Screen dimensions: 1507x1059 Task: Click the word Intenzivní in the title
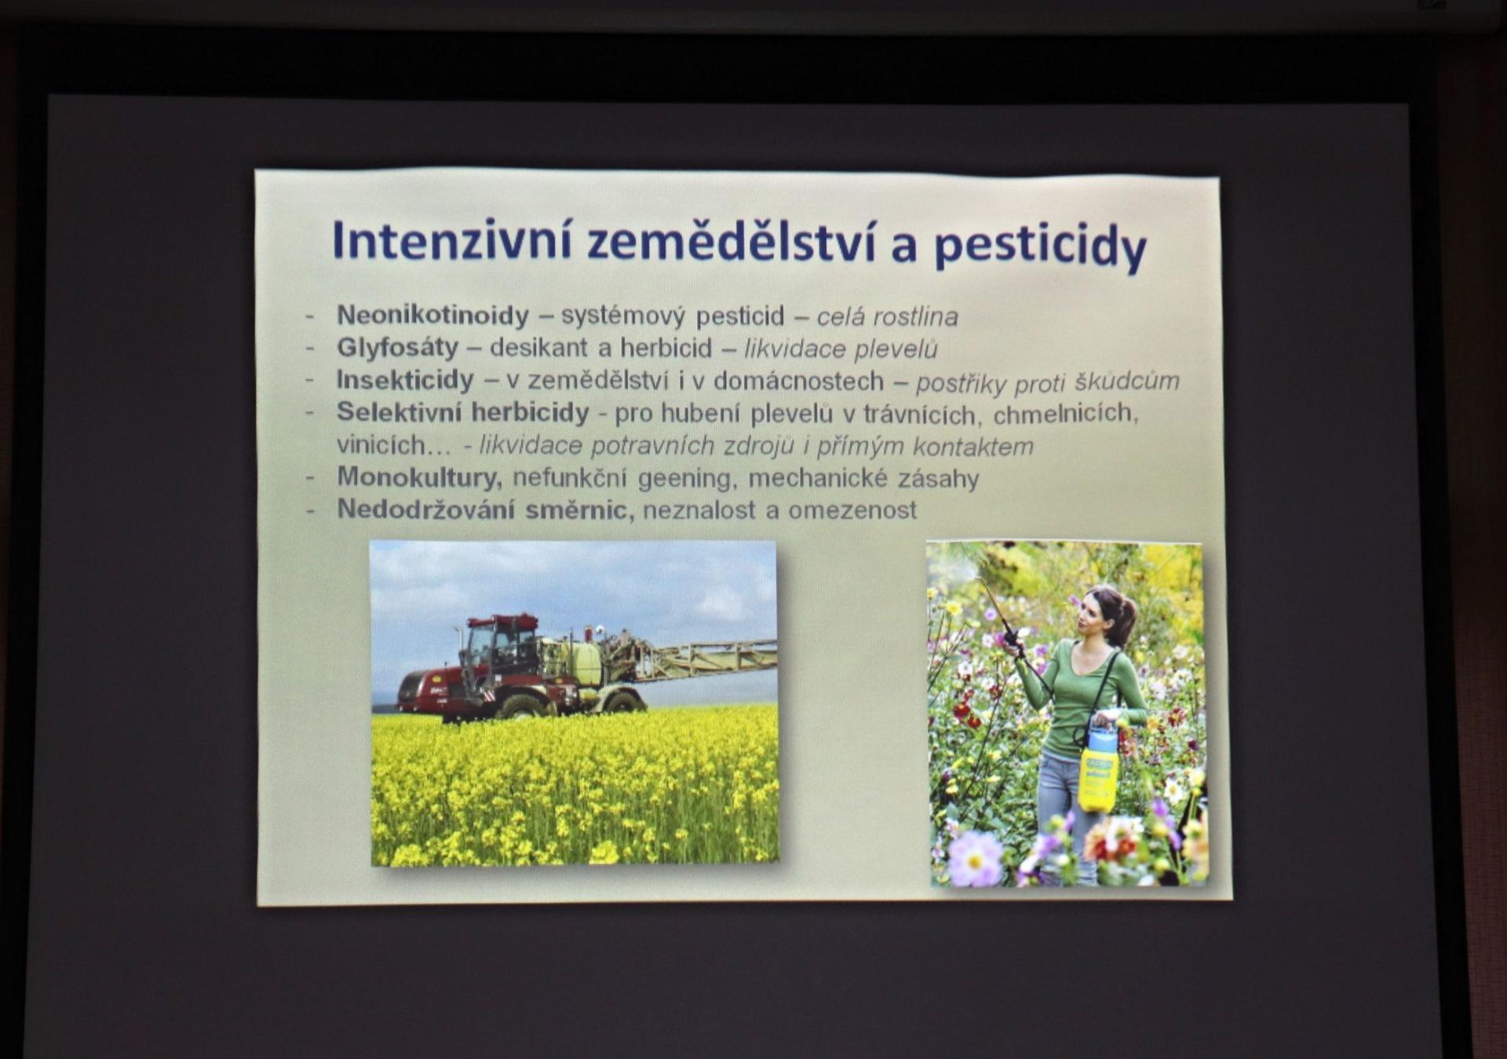(x=452, y=239)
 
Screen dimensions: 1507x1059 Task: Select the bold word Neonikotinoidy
(x=433, y=315)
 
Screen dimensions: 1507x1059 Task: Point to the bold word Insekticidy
(x=405, y=380)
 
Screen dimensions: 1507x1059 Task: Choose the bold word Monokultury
(x=419, y=477)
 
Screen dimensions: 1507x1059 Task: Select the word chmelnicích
(x=1066, y=413)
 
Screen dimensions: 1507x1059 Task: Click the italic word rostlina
(x=915, y=316)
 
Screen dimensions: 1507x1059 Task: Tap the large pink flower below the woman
(x=976, y=859)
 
